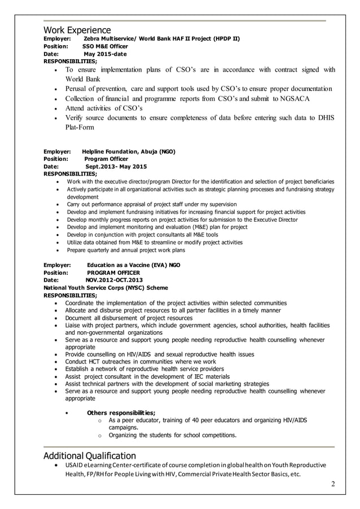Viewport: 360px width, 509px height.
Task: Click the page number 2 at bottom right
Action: tap(333, 484)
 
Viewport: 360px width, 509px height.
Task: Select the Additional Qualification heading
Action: tap(90, 455)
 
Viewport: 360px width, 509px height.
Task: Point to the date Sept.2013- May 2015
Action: tap(116, 167)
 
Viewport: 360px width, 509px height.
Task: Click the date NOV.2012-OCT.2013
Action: tap(114, 280)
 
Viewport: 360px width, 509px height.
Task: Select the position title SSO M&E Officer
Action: tap(106, 46)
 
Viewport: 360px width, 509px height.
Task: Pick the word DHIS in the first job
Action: tap(325, 117)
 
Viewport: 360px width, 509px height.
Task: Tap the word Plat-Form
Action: tap(81, 128)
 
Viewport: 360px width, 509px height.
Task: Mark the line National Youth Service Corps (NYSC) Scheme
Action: tap(106, 287)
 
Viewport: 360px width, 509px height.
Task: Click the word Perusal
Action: tap(78, 89)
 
